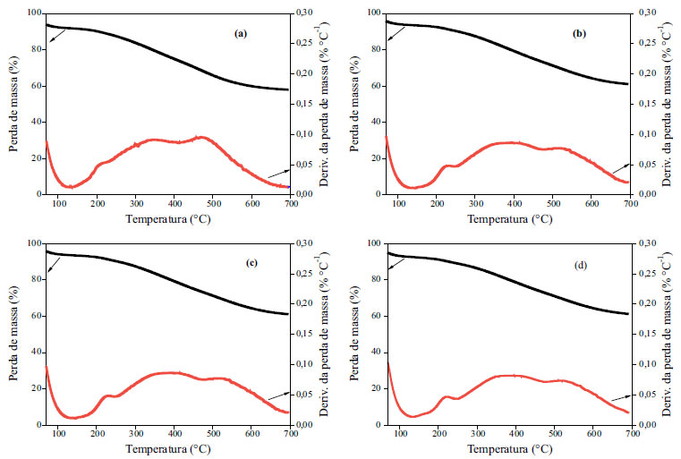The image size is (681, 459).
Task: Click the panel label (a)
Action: point(239,33)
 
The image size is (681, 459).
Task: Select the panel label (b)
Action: point(580,33)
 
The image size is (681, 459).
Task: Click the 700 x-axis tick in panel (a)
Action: point(289,203)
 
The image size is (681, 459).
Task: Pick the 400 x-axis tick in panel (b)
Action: point(515,203)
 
